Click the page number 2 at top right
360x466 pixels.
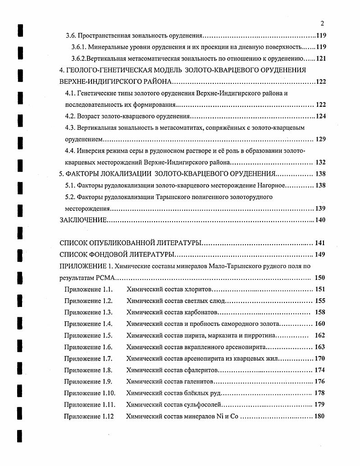pos(322,23)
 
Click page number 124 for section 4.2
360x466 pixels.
pos(319,116)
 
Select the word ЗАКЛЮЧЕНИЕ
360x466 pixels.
pos(83,220)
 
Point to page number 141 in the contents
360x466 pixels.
pos(319,243)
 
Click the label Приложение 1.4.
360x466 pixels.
pos(88,324)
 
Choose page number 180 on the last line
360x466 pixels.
pos(319,416)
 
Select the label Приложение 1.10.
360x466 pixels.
pos(90,393)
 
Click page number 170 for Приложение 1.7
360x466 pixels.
pos(319,359)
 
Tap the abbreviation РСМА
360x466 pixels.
pos(106,278)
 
